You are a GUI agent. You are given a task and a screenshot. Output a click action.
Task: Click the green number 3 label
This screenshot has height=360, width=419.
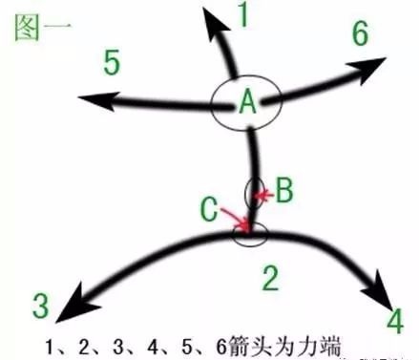point(39,306)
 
